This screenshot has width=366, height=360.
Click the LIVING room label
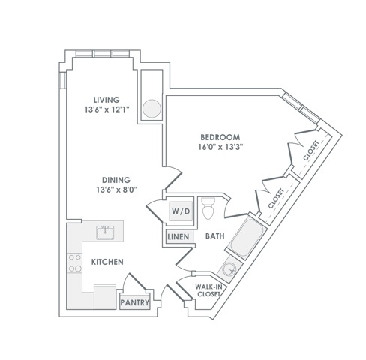tap(106, 100)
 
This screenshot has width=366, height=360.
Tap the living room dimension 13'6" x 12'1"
tap(106, 109)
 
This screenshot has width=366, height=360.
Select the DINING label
tap(116, 180)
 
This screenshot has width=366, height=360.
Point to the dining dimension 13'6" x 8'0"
tap(116, 190)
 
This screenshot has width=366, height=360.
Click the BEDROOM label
tap(220, 137)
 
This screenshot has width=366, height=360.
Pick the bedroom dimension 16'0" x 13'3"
tap(220, 147)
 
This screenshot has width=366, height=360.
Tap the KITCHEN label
tap(107, 262)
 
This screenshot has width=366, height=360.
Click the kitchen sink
tap(105, 232)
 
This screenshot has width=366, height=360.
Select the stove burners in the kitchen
tap(75, 262)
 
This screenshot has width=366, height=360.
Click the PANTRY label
tap(135, 302)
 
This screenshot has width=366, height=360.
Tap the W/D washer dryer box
tap(181, 211)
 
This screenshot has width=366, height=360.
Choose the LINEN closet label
tap(178, 237)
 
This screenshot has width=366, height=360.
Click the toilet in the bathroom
tap(208, 208)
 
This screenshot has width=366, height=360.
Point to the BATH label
tap(214, 236)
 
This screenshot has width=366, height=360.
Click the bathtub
tap(247, 237)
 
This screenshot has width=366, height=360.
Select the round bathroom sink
tap(229, 268)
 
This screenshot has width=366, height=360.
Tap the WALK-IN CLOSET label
tap(208, 290)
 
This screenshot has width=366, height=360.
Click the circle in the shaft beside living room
tap(151, 109)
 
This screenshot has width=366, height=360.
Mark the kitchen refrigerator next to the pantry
tap(105, 296)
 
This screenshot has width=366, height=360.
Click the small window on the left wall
tap(62, 80)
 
